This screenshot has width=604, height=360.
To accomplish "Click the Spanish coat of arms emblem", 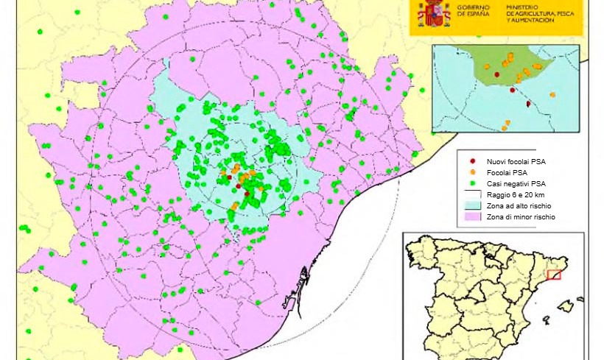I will [435, 13].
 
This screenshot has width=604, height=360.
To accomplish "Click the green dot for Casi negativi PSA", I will [472, 183].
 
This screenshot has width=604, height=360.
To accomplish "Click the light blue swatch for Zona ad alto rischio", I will [472, 206].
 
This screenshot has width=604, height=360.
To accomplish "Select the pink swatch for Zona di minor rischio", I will [472, 217].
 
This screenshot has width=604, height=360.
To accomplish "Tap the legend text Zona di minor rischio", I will [521, 217].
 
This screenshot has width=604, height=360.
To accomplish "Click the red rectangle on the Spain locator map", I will [554, 275].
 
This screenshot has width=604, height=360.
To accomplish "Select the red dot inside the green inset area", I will [497, 74].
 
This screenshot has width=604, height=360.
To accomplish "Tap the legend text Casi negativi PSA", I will [516, 183].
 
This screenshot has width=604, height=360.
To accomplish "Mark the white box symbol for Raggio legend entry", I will [472, 194].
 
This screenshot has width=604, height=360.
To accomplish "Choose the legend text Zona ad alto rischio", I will [519, 206].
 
